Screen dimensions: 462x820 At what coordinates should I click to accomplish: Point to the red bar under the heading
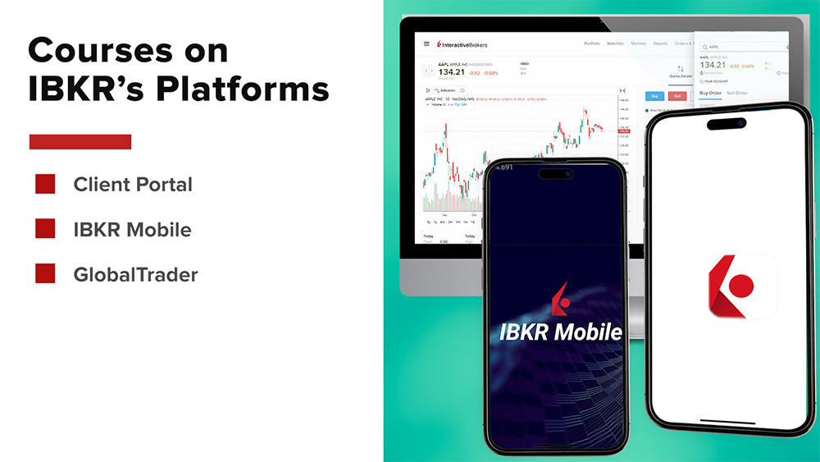tap(80, 142)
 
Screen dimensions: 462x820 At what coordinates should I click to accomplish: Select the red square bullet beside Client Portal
tap(45, 185)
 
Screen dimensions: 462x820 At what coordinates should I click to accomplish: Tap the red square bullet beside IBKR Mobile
tap(45, 229)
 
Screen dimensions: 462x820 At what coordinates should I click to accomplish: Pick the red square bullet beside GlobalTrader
tap(45, 274)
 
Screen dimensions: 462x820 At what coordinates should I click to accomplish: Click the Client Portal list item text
tap(133, 185)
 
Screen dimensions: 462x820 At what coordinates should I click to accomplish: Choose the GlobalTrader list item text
tap(135, 274)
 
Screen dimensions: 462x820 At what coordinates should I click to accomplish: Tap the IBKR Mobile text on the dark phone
tap(561, 332)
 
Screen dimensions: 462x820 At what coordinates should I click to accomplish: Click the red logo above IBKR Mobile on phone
tap(561, 298)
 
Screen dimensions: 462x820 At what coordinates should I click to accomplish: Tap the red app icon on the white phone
tap(741, 286)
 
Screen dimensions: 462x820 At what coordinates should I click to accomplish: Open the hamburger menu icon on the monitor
tap(426, 44)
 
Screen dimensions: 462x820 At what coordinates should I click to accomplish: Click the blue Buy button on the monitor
tap(654, 96)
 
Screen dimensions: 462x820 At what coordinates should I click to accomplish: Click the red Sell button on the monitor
tap(677, 96)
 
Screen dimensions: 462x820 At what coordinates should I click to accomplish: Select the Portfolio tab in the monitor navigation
tap(591, 43)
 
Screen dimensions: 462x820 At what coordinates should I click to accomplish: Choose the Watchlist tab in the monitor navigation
tap(615, 43)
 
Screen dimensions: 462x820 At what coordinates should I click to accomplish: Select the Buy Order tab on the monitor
tap(710, 93)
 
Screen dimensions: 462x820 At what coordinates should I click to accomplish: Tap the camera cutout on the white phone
tap(727, 124)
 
